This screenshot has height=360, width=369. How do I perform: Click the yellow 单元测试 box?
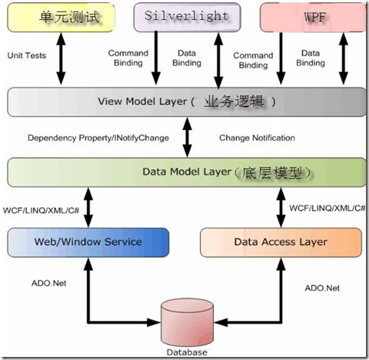(x=61, y=18)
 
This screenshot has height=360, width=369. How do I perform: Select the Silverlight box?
(x=187, y=18)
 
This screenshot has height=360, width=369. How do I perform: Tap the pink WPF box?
(x=314, y=18)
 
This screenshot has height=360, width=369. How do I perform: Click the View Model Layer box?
(x=186, y=102)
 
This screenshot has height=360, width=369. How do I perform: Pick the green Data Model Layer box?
(x=186, y=172)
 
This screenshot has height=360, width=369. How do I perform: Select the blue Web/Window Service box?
(x=88, y=242)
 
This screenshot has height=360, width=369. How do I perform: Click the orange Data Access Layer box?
(x=281, y=242)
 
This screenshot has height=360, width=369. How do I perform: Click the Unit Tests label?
(x=27, y=56)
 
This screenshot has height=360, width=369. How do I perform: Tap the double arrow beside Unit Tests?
(x=61, y=59)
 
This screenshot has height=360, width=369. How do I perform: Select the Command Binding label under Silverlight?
(x=128, y=58)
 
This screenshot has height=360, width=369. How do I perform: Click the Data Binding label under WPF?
(x=310, y=58)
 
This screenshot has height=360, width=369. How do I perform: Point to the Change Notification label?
(x=257, y=138)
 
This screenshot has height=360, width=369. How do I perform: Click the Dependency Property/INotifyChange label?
(x=98, y=138)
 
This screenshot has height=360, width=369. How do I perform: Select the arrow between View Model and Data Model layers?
(x=187, y=137)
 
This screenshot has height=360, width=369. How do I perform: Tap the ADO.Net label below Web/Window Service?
(x=49, y=283)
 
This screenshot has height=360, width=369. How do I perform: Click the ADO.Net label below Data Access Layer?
(x=322, y=288)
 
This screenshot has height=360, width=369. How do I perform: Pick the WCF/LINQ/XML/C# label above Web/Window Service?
(x=41, y=210)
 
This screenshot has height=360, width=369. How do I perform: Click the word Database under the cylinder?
(x=187, y=352)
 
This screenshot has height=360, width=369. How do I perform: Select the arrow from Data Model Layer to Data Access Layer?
(x=281, y=207)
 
